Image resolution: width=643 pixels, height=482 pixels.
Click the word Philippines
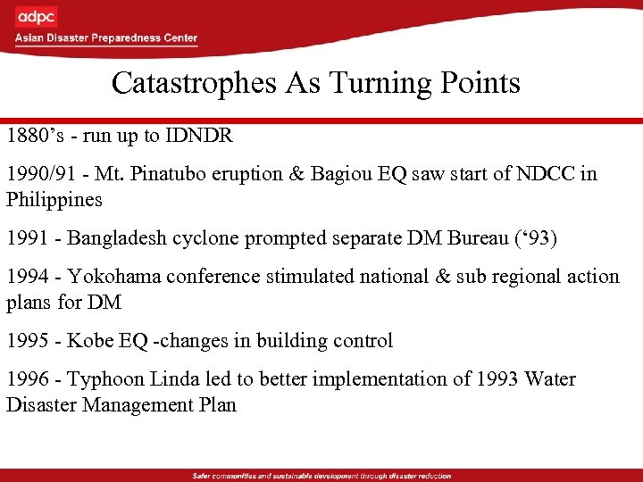(x=54, y=199)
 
